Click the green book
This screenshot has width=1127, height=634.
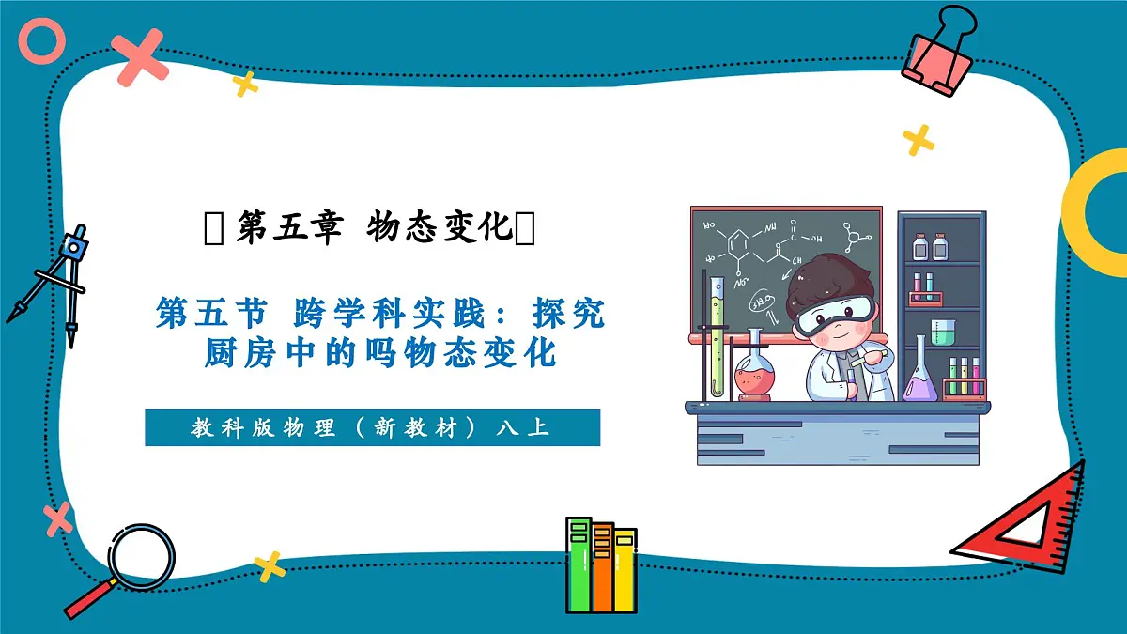(x=579, y=564)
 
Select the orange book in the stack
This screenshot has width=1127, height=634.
(x=602, y=567)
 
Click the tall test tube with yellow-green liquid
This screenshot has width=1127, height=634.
(x=718, y=333)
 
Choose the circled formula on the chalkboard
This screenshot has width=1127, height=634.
(x=759, y=302)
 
